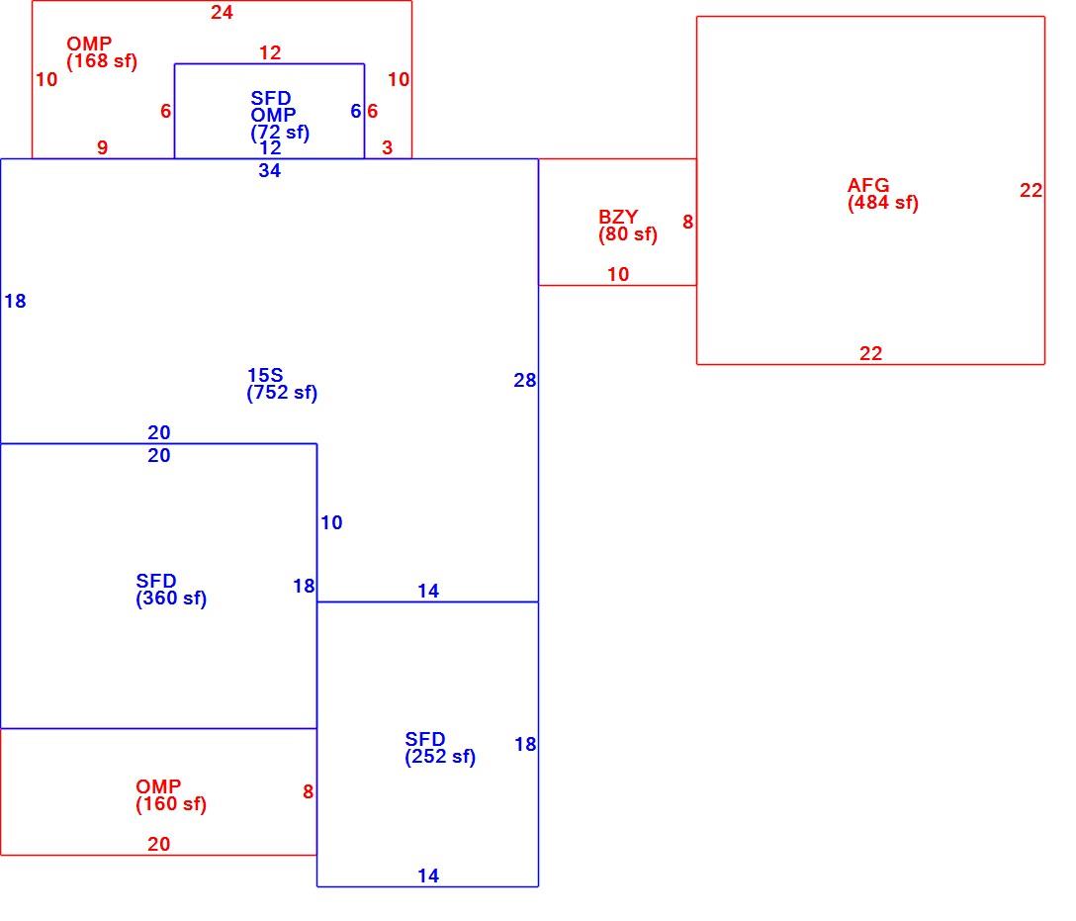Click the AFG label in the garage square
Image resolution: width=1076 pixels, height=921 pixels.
868,185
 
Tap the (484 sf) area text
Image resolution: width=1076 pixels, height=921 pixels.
882,203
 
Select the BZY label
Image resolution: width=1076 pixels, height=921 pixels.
617,217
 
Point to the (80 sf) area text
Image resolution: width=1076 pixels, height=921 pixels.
627,234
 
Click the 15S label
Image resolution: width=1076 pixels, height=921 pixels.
265,375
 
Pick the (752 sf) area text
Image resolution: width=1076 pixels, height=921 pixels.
282,393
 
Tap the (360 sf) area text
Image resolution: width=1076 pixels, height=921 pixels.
171,599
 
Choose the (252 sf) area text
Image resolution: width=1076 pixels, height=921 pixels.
440,757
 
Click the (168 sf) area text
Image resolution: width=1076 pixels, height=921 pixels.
102,61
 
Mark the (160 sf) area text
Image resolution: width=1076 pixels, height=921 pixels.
171,803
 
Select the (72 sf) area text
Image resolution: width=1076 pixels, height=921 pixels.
280,132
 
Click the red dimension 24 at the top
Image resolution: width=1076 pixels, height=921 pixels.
222,12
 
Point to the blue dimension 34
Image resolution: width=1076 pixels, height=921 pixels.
270,170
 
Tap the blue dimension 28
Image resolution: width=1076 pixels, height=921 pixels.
525,380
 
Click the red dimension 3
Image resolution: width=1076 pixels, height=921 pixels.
387,147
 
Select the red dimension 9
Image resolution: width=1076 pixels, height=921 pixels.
102,147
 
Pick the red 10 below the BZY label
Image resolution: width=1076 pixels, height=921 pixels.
617,274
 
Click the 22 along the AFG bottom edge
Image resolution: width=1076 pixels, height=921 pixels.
871,353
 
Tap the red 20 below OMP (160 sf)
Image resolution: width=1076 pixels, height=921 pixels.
158,844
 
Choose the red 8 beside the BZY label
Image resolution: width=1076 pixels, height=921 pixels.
687,222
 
